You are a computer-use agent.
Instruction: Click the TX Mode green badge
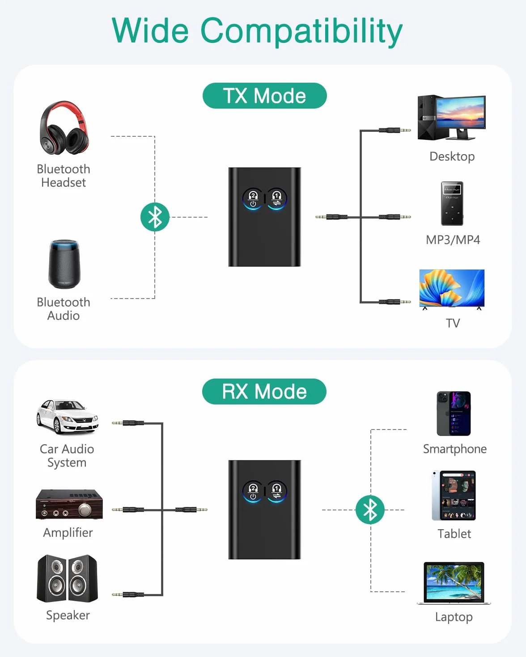pyautogui.click(x=265, y=96)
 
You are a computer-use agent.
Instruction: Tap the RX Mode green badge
pyautogui.click(x=264, y=392)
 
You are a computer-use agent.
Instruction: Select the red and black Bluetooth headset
pyautogui.click(x=64, y=128)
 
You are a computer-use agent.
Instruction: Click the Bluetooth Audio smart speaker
pyautogui.click(x=64, y=264)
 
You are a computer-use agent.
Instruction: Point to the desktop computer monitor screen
pyautogui.click(x=461, y=113)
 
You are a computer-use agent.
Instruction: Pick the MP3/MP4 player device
pyautogui.click(x=452, y=203)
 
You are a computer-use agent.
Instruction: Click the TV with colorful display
pyautogui.click(x=452, y=289)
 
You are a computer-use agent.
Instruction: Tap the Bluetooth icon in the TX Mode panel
pyautogui.click(x=155, y=217)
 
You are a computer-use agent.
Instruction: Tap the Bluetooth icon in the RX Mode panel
pyautogui.click(x=370, y=510)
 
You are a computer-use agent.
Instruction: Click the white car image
pyautogui.click(x=67, y=416)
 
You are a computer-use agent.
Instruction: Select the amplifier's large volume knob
pyautogui.click(x=85, y=510)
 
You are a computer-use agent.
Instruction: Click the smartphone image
pyautogui.click(x=454, y=413)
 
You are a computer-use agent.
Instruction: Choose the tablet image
pyautogui.click(x=454, y=496)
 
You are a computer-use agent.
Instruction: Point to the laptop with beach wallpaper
pyautogui.click(x=454, y=583)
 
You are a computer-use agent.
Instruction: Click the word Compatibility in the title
pyautogui.click(x=301, y=31)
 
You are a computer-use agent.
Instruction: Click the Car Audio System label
pyautogui.click(x=67, y=455)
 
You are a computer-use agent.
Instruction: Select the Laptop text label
pyautogui.click(x=454, y=617)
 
